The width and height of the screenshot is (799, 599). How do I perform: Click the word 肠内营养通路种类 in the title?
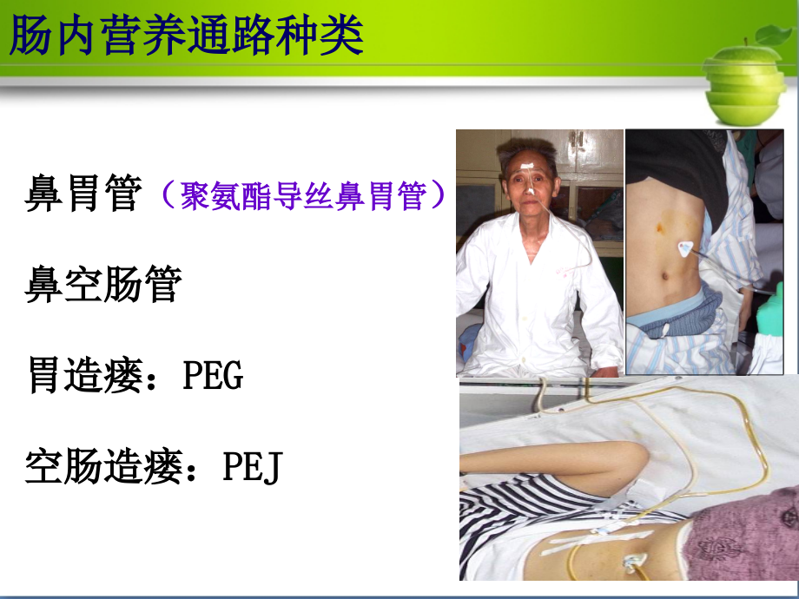[x=186, y=36]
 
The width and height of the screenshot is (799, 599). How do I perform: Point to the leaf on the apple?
[x=773, y=35]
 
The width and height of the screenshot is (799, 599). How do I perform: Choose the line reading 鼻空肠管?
[x=102, y=285]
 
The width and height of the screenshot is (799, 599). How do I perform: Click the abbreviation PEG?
[x=213, y=377]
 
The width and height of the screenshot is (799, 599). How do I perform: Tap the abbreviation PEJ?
[x=252, y=469]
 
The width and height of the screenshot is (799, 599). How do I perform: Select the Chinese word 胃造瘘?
[x=83, y=377]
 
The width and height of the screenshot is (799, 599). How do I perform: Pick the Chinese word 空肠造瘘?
[x=102, y=469]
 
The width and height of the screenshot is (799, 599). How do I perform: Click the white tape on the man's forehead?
[x=529, y=161]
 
